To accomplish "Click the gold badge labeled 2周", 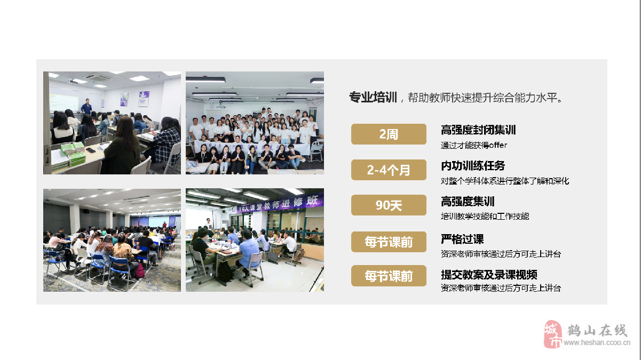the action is pyautogui.click(x=389, y=134).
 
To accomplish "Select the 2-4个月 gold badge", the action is pyautogui.click(x=389, y=170).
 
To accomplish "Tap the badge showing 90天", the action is pyautogui.click(x=389, y=205).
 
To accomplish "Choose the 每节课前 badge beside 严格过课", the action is pyautogui.click(x=389, y=242).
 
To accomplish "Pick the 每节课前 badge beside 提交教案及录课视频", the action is pyautogui.click(x=389, y=276).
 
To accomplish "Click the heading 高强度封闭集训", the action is pyautogui.click(x=478, y=130).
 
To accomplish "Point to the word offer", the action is pyautogui.click(x=498, y=145).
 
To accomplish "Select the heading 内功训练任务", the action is pyautogui.click(x=473, y=166).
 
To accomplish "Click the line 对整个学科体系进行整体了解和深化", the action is pyautogui.click(x=505, y=181).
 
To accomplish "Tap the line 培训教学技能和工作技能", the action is pyautogui.click(x=485, y=217).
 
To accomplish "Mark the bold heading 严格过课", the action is pyautogui.click(x=462, y=239).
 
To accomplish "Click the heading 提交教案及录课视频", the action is pyautogui.click(x=489, y=275).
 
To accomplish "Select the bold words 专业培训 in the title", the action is pyautogui.click(x=373, y=98).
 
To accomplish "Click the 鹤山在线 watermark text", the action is pyautogui.click(x=597, y=331).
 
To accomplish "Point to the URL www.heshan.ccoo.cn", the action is pyautogui.click(x=597, y=342).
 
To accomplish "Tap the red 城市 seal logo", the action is pyautogui.click(x=552, y=334).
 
